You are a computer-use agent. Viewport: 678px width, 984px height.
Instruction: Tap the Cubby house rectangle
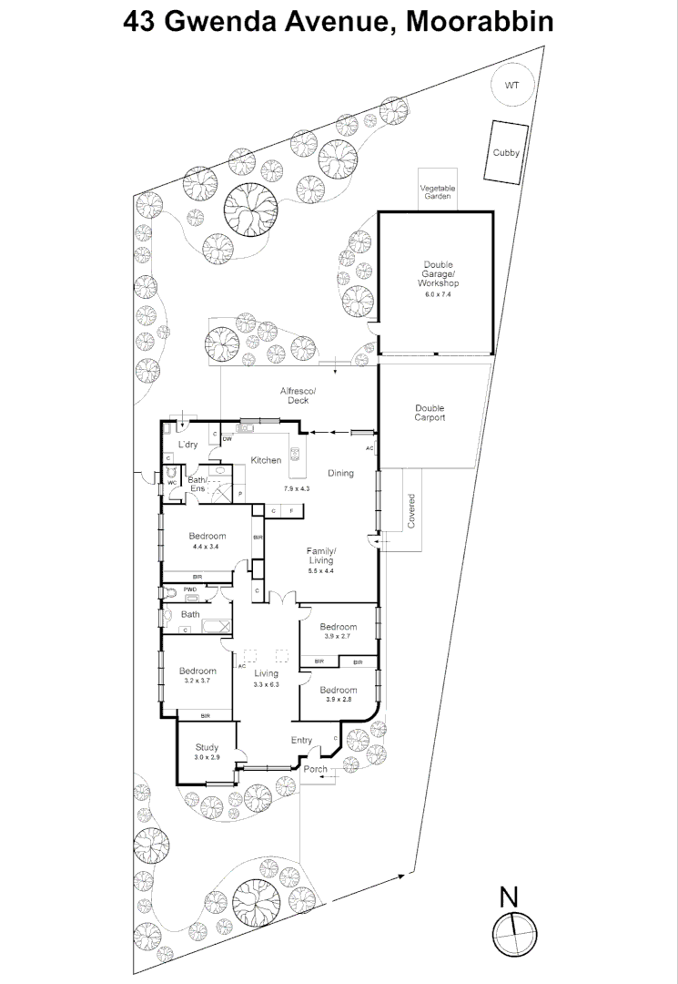coord(506,152)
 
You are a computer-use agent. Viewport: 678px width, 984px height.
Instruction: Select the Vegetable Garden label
coord(438,192)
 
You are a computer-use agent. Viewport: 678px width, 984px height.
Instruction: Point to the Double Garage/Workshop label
coord(438,274)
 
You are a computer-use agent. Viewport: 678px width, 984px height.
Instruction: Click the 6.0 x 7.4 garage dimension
coord(438,293)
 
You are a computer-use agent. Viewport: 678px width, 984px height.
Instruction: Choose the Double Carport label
coord(430,413)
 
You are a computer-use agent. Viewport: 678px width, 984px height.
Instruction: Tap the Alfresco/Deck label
coord(299,396)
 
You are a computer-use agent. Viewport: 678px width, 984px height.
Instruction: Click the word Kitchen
coord(266,461)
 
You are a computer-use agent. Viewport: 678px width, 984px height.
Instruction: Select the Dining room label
coord(340,473)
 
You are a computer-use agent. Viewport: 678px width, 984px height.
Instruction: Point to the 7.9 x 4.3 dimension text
coord(297,487)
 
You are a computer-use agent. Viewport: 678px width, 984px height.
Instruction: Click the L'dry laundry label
coord(188,445)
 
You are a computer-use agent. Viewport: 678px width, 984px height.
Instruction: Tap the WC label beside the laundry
coord(171,483)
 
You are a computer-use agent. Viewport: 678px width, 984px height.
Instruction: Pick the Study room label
coord(207,747)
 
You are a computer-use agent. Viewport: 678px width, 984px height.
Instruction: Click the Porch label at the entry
coord(315,769)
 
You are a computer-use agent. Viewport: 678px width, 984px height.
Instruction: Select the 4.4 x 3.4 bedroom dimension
coord(207,547)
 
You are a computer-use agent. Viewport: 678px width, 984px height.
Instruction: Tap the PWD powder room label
coord(190,589)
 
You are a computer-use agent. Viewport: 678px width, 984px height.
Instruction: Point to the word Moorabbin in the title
coord(480,21)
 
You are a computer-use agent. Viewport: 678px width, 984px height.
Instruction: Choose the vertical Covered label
coord(411,511)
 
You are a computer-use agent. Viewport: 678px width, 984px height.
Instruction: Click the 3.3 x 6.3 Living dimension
coord(266,684)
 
